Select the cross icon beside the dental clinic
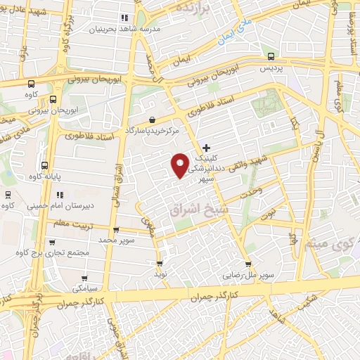[x=205, y=147]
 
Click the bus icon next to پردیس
[x=270, y=57]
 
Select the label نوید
[x=160, y=274]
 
